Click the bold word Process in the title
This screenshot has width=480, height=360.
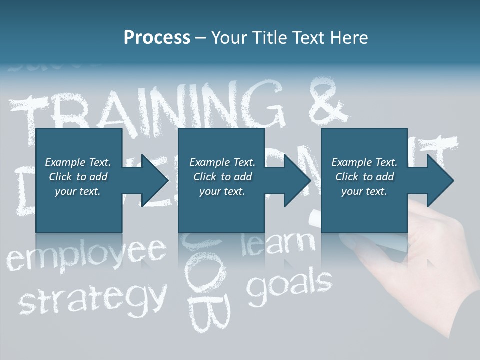157,38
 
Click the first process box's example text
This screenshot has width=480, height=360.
78,176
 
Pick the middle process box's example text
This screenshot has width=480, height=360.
222,176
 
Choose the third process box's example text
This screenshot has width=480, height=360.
364,176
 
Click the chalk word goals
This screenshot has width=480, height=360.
290,287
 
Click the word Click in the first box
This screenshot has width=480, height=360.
60,176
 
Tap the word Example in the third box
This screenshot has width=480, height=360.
350,162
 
